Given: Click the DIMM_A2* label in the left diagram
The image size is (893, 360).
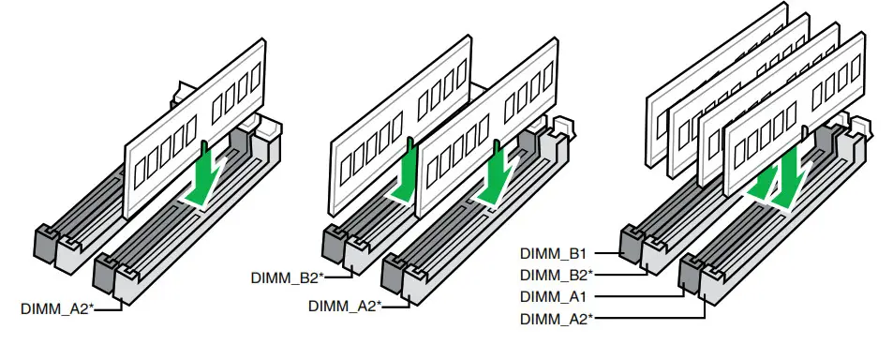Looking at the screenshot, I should (56, 307).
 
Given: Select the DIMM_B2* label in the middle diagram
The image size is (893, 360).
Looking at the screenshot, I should (287, 277).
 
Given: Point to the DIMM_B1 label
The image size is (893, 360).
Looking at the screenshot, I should (553, 252).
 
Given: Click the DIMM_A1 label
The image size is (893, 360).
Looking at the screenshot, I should (553, 296).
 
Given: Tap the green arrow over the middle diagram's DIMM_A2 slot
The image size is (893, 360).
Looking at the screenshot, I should (493, 178).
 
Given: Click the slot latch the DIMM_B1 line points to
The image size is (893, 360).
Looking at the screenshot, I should (631, 242).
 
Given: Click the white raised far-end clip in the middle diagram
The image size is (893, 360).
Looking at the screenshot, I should (562, 125).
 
